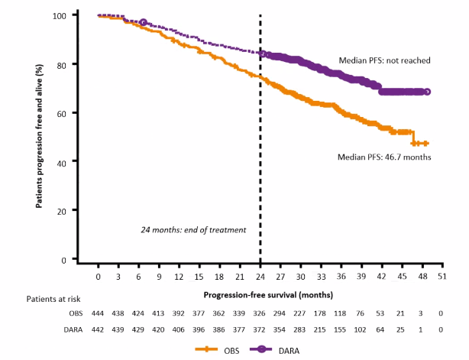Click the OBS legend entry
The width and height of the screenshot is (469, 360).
click(x=216, y=350)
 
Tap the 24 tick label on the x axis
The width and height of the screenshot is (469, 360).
click(x=260, y=276)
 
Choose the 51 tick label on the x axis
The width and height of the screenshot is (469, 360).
click(x=442, y=276)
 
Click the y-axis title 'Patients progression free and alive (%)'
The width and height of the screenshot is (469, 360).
click(x=39, y=138)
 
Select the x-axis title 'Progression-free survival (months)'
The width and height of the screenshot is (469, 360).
click(x=260, y=293)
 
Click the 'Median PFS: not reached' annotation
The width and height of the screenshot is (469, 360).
click(x=385, y=60)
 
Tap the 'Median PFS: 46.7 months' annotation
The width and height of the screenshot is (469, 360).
click(x=385, y=157)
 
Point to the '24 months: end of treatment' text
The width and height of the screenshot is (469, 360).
click(x=192, y=229)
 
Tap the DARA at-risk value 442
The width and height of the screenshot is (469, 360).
click(x=99, y=329)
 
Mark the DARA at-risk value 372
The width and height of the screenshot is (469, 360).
click(x=260, y=329)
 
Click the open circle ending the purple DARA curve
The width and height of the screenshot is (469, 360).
click(x=427, y=92)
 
